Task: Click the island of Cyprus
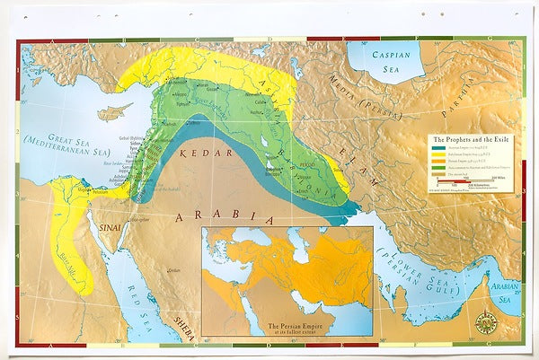[x=111, y=114]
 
